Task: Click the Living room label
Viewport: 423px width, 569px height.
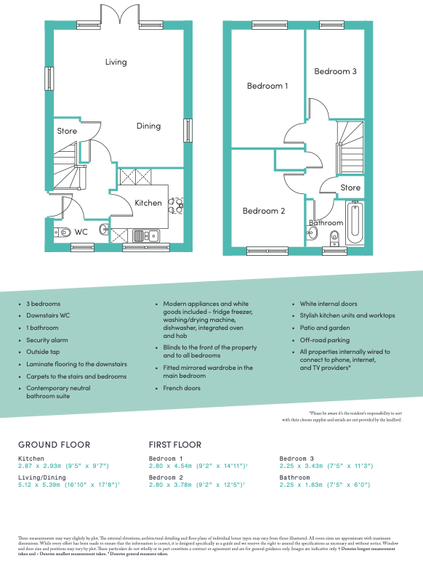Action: coord(116,62)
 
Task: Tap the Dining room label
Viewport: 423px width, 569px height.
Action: coord(148,126)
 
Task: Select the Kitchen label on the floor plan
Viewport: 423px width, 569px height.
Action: coord(148,203)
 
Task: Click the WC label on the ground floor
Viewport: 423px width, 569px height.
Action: coord(81,233)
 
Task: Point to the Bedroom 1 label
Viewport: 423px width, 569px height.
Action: coord(267,86)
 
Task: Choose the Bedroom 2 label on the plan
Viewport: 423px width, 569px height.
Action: coord(263,211)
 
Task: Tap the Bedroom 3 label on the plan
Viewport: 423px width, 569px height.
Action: coord(335,71)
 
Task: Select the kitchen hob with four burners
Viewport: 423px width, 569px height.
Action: coord(175,205)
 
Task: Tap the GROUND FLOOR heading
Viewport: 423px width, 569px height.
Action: coord(55,445)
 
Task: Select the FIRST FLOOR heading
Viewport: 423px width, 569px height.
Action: coord(175,445)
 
